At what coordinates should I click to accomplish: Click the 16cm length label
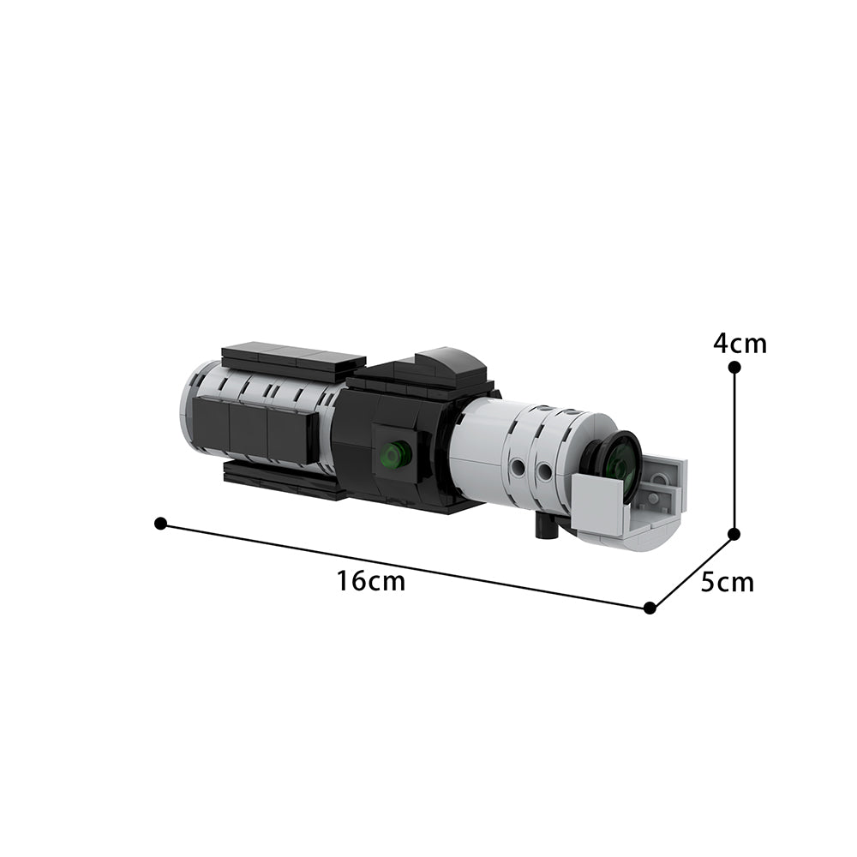click(x=370, y=582)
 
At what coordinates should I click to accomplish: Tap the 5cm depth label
click(x=727, y=583)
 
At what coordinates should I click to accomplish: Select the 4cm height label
click(x=740, y=344)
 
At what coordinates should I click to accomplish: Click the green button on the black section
click(x=394, y=454)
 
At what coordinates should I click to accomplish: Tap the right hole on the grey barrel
click(x=544, y=472)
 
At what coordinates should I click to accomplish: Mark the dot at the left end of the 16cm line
click(x=160, y=523)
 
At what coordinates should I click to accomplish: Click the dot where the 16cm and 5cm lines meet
click(x=650, y=608)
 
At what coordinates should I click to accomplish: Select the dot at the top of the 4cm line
click(x=734, y=367)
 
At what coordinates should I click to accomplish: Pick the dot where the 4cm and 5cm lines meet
click(x=734, y=533)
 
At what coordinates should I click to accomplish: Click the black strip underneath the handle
click(x=283, y=482)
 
